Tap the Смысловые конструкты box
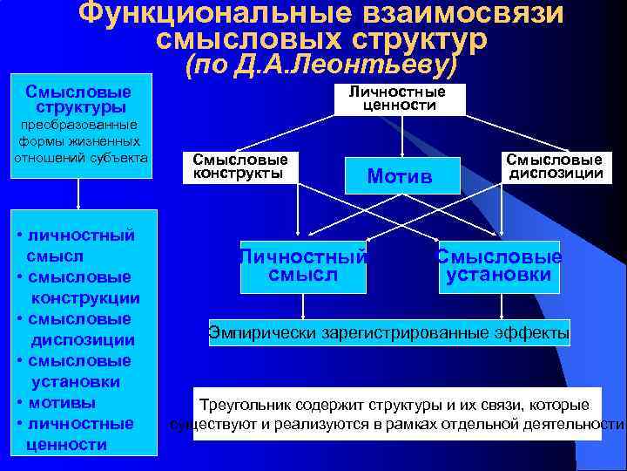239,167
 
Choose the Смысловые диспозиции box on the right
555,167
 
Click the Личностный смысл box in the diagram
303,266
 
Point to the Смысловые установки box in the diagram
499,266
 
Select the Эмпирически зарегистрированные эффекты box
389,331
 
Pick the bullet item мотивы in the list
62,403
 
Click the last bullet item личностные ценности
78,434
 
